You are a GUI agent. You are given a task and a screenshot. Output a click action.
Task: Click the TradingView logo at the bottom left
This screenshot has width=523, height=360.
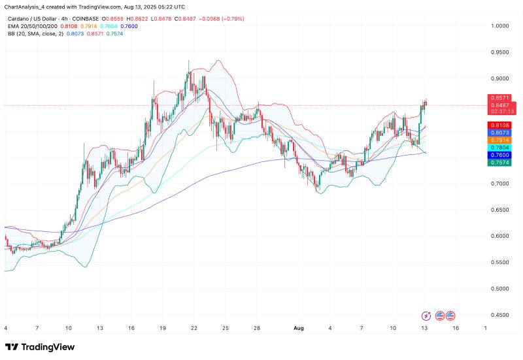click(x=40, y=347)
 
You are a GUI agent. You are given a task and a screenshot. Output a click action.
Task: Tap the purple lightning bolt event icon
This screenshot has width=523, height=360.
click(x=427, y=315)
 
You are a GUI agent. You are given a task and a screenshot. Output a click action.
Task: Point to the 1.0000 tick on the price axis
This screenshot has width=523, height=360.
click(x=501, y=26)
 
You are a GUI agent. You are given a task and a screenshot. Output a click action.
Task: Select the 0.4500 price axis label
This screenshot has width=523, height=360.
click(x=501, y=315)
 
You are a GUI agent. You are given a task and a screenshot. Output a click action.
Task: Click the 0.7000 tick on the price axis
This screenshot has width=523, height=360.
click(x=501, y=184)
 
